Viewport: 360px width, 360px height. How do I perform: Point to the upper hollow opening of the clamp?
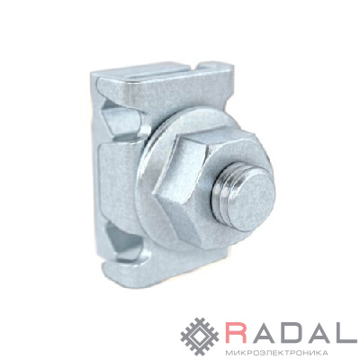120,120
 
